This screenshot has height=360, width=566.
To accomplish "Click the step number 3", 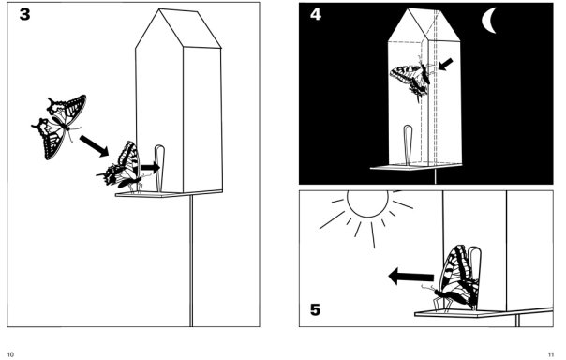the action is point(25,14).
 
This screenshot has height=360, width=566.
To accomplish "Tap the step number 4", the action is point(316,14).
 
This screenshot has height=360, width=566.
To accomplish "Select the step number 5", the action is point(315,309).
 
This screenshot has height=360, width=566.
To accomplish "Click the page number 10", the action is point(10,354).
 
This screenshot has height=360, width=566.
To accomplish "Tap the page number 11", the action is point(550,354).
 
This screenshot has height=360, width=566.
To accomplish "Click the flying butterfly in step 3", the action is point(60,127).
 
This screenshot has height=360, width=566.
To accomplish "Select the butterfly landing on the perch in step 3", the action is point(122,167).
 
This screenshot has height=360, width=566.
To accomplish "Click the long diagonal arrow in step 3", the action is point(94,145).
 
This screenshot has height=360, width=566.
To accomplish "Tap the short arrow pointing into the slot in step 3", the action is point(150,167).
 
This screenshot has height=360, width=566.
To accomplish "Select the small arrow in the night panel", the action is point(445,65).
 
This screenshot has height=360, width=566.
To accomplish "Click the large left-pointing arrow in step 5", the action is point(410,277).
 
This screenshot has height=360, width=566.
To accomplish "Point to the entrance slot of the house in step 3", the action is point(159,168).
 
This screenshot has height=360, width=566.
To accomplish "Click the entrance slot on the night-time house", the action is point(408,145).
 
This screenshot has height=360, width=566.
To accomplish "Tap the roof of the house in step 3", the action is point(178,29).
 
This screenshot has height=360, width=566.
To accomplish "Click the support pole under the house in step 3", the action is point(191,261).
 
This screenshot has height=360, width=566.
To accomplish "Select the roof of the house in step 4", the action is point(424,24).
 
